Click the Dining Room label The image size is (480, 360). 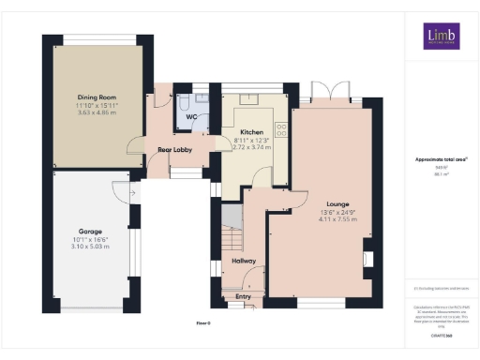(x=97, y=97)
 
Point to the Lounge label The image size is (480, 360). (x=337, y=203)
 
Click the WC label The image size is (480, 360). (x=190, y=117)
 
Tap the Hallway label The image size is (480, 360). (x=245, y=261)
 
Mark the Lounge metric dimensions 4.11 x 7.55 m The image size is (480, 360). (x=337, y=218)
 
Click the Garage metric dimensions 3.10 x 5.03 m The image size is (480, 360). (x=91, y=246)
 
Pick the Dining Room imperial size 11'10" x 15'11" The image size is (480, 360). (x=97, y=104)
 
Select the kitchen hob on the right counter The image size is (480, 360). (x=278, y=131)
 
